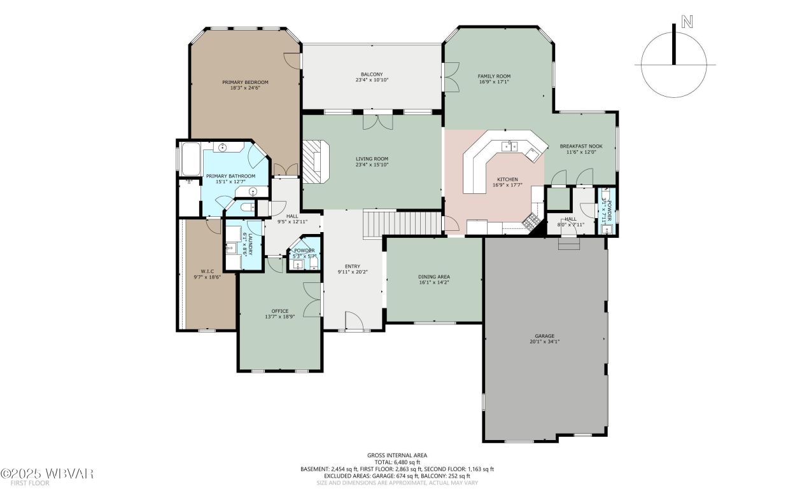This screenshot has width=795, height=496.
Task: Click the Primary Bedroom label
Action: [245, 82]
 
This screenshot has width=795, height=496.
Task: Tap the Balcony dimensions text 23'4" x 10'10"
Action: [372, 80]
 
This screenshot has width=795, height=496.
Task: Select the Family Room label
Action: [494, 76]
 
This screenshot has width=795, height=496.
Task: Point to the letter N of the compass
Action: [687, 22]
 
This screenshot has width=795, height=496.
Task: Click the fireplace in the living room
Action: [314, 162]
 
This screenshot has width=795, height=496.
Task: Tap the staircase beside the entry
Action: [402, 224]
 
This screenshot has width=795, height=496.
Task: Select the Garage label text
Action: [544, 336]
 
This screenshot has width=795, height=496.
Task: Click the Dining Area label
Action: [434, 277]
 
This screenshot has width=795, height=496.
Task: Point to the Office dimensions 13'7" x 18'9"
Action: [280, 317]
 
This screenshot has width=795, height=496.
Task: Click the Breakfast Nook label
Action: [580, 146]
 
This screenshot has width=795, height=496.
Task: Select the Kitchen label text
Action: [507, 179]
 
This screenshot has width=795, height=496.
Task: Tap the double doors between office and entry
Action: [313, 299]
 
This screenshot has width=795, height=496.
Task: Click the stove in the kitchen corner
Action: [530, 221]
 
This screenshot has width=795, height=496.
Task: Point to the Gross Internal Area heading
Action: [397, 455]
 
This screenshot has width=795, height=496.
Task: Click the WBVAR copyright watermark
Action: [48, 474]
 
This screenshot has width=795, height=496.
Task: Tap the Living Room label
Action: [372, 159]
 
